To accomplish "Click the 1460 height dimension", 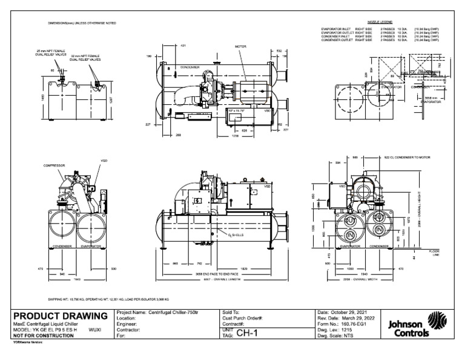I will pos(43,96).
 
